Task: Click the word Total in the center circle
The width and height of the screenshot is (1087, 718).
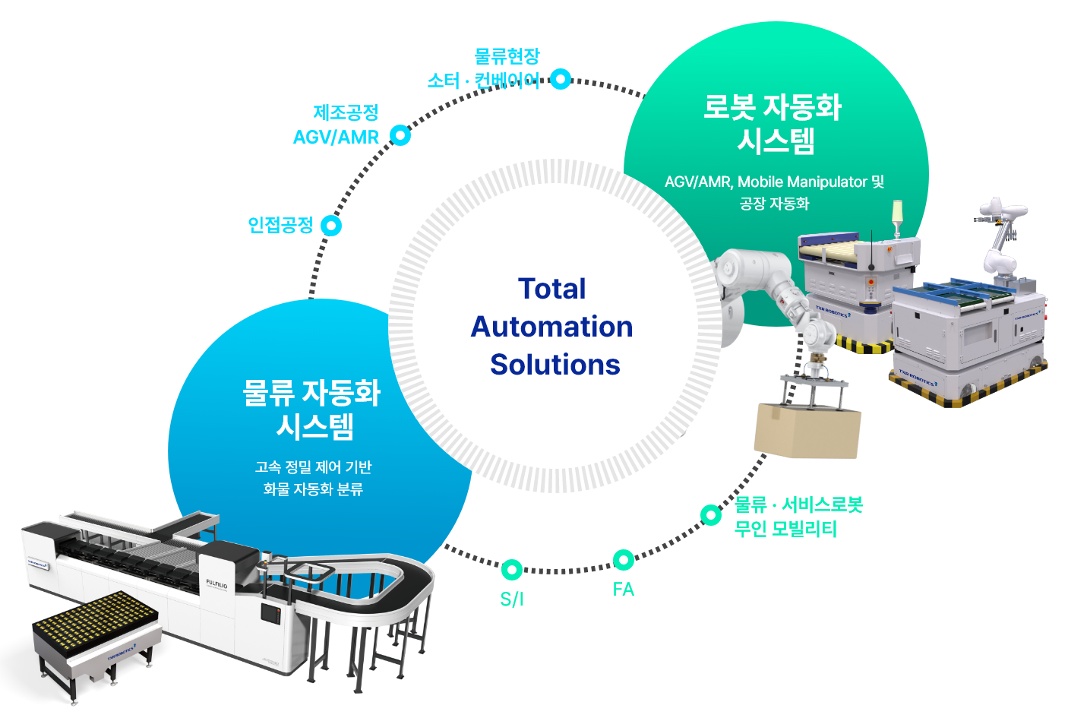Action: point(552,289)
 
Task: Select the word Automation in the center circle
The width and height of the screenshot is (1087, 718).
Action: point(552,327)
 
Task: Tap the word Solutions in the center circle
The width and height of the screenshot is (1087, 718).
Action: point(555,365)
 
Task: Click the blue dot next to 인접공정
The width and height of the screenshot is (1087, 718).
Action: point(331,226)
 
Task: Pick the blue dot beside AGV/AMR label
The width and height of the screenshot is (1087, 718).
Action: point(400,135)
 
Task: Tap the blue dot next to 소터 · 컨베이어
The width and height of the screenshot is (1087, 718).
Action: point(561,79)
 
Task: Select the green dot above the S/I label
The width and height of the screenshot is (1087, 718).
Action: point(512,569)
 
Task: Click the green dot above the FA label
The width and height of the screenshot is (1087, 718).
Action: point(624,560)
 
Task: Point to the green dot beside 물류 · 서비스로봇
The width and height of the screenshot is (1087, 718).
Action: point(711,515)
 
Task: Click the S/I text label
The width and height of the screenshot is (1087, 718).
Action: point(512,599)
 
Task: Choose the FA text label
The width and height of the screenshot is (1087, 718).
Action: point(624,590)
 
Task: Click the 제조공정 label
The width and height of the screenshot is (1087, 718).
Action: point(346,112)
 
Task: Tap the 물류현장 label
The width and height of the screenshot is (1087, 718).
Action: point(507,56)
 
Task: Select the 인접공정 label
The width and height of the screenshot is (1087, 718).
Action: point(280,225)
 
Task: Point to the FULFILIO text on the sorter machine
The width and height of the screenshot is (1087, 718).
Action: point(216,584)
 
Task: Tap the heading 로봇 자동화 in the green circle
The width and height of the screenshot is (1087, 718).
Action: point(773,107)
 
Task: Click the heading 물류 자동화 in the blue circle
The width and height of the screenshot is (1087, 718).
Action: point(311,393)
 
